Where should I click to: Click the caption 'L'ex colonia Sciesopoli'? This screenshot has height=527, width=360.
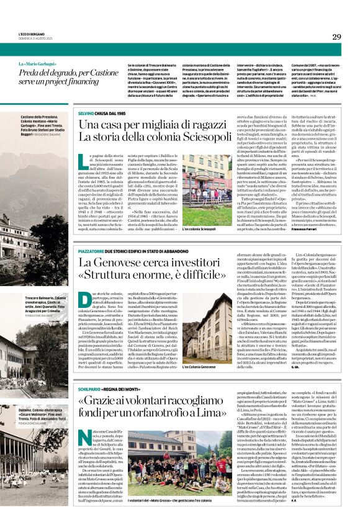click(x=199, y=230)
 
